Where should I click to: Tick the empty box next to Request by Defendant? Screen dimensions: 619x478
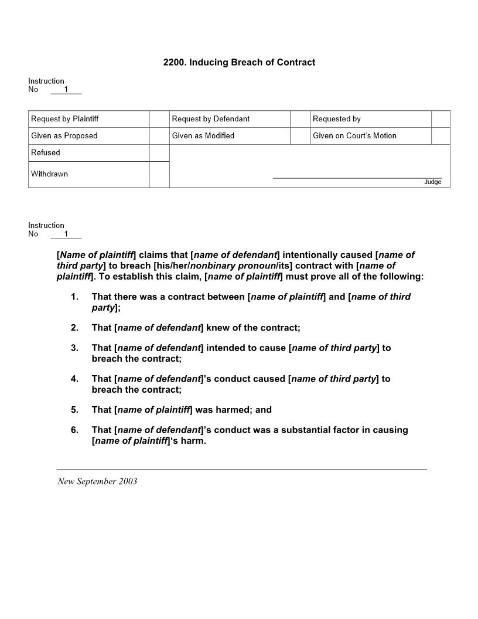(x=300, y=119)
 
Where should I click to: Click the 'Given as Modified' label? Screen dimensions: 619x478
(x=203, y=136)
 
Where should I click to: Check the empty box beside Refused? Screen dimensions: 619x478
(x=159, y=153)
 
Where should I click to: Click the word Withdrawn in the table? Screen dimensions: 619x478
(x=49, y=174)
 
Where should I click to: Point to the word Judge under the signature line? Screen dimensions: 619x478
(x=432, y=182)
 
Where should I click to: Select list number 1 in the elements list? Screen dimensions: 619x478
(x=74, y=297)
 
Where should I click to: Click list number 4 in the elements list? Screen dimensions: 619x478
(x=74, y=379)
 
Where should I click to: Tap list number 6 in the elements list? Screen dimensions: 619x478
(x=74, y=430)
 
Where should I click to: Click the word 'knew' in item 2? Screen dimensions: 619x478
(x=217, y=328)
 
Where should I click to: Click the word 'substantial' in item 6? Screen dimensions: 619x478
(x=308, y=430)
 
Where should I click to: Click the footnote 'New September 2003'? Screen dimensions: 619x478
(x=97, y=481)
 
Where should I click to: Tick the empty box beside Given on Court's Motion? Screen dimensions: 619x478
(x=441, y=136)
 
